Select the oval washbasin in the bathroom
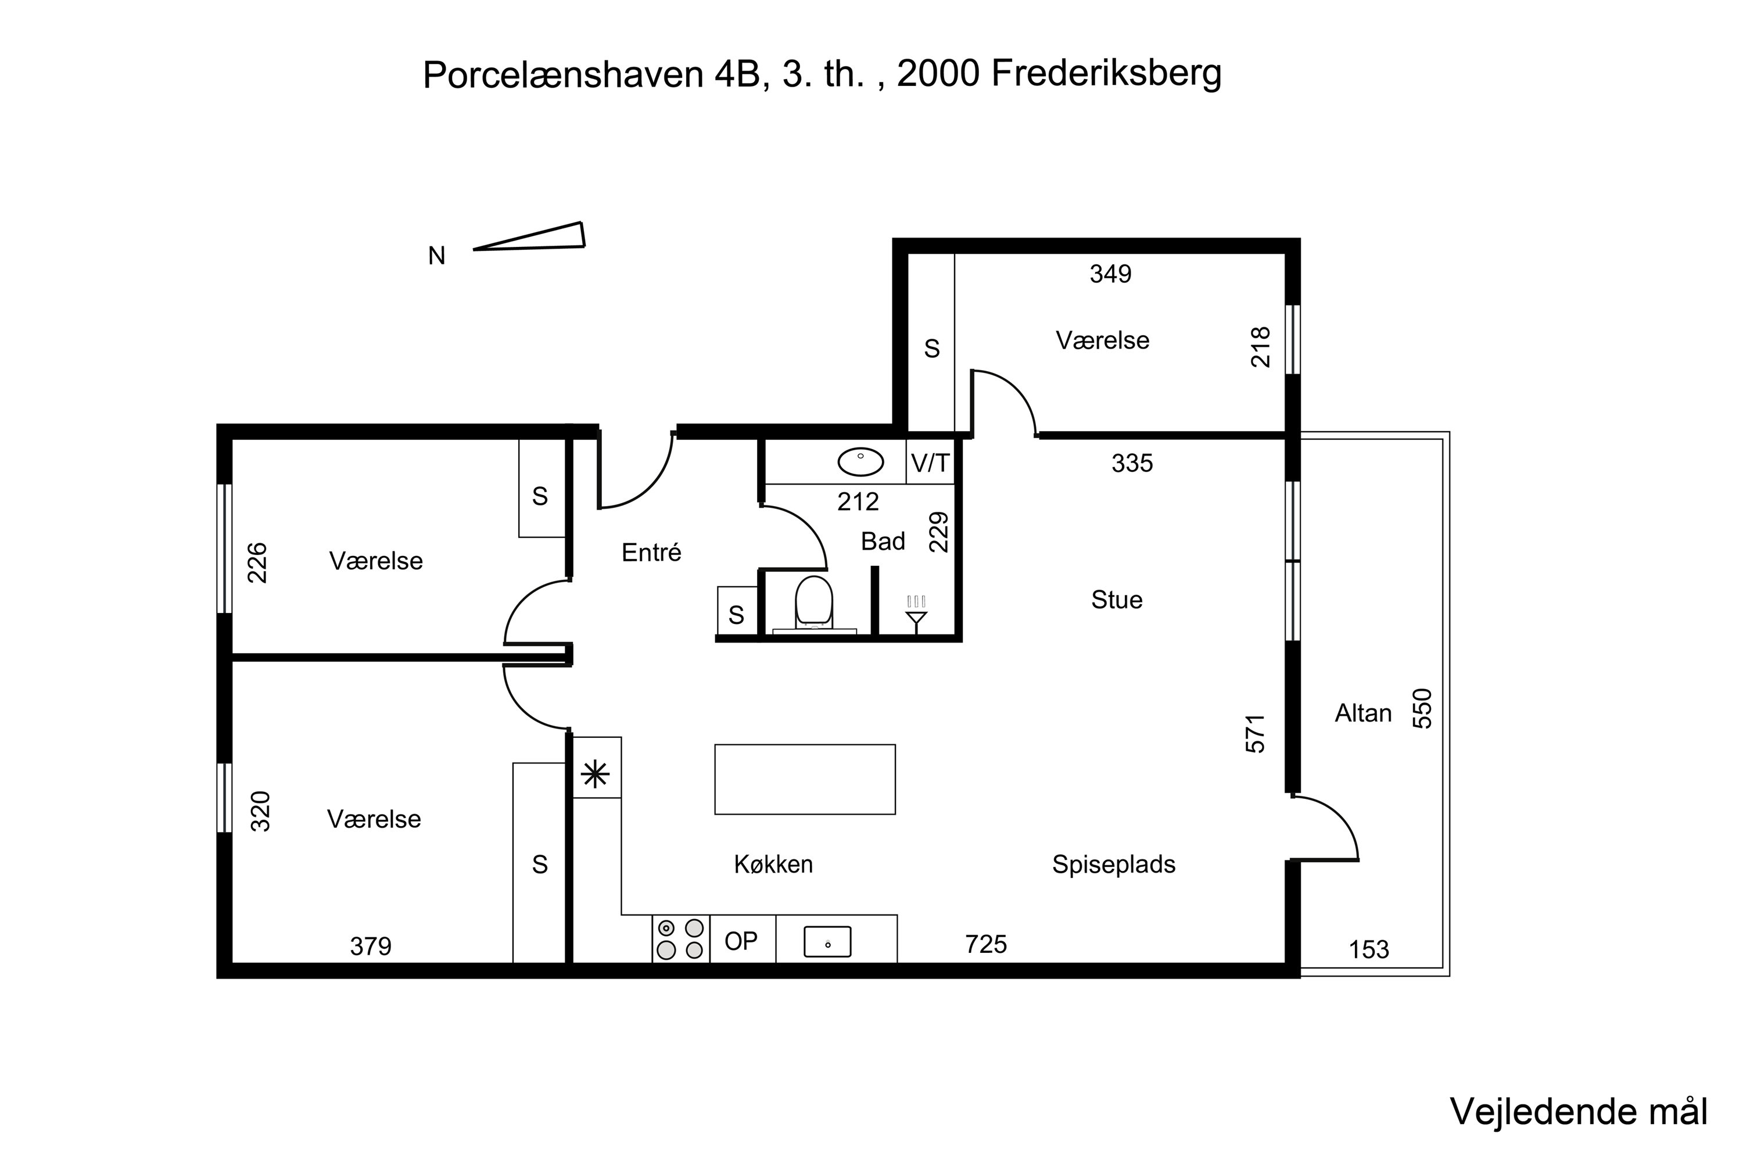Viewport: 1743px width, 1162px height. (860, 462)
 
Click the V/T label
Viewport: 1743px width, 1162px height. (930, 463)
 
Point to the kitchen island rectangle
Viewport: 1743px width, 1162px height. (805, 780)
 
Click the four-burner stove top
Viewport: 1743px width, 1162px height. (680, 939)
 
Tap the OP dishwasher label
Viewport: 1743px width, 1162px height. (741, 941)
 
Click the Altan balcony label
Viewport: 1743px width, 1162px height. (1363, 713)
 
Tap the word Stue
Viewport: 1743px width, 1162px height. (1117, 600)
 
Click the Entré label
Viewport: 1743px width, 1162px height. (651, 552)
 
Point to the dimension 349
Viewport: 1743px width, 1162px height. (1110, 274)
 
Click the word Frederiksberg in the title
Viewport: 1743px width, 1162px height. (1106, 73)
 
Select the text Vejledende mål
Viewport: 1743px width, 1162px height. (1579, 1111)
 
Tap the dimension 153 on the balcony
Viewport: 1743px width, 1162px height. (1369, 949)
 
